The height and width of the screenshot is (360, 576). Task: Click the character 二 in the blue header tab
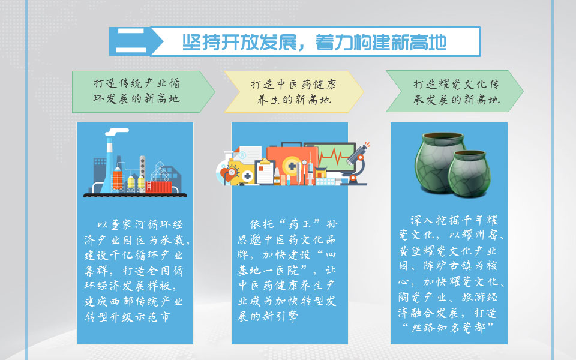(x=131, y=41)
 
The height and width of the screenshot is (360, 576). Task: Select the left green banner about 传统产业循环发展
(x=143, y=91)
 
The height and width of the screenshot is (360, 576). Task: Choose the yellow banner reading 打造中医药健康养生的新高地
(x=294, y=92)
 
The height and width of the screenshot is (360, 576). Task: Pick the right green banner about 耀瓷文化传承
(x=455, y=91)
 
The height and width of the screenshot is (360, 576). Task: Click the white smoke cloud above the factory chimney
(x=117, y=131)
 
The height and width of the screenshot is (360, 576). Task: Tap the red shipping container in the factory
(x=158, y=187)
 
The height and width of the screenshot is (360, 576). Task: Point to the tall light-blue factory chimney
(x=109, y=165)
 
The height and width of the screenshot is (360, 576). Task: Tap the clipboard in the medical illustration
(x=265, y=171)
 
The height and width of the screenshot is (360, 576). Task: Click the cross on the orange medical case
(x=292, y=166)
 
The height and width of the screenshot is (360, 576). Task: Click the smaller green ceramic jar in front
(x=469, y=173)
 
